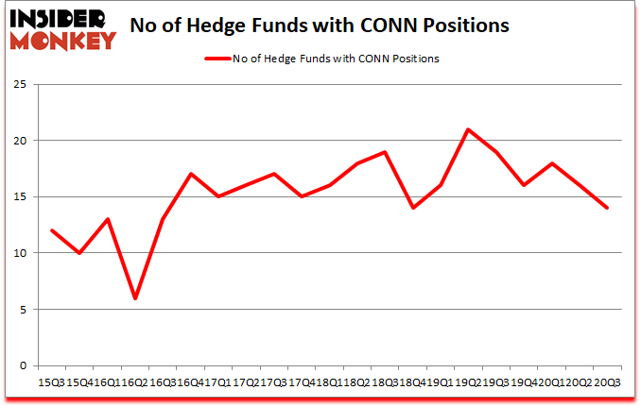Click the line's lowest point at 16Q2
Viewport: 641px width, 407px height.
point(135,298)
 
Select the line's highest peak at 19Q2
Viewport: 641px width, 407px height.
point(467,129)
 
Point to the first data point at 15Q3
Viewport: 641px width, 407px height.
point(52,230)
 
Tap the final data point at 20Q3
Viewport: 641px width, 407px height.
point(606,208)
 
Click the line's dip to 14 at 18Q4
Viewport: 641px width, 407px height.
point(412,208)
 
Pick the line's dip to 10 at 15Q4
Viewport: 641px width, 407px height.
point(79,253)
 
